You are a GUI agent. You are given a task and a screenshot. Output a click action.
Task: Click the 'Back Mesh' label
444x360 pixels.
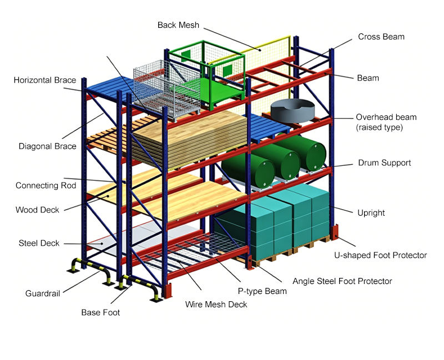coord(178,25)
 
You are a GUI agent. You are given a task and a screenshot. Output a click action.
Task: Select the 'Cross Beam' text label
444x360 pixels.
coord(381,37)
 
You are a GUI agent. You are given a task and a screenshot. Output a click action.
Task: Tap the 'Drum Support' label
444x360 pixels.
coord(384,163)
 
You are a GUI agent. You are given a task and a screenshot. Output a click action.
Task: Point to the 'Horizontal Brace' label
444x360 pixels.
coord(45,80)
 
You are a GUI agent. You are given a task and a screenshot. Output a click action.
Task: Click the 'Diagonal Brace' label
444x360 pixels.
coord(47,146)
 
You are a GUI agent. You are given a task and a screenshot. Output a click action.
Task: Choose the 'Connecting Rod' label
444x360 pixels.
coord(46,185)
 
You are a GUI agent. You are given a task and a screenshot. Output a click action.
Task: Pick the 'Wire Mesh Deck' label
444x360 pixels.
coord(216,305)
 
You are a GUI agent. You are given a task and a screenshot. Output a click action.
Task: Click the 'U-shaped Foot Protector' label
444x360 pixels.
coord(380,255)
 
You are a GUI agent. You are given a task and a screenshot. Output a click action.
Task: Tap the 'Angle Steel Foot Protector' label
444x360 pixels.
coord(342,281)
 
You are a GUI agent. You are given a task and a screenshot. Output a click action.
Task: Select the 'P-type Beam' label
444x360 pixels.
coord(262,291)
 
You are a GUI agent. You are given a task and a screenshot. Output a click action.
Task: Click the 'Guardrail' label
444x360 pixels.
coord(43,293)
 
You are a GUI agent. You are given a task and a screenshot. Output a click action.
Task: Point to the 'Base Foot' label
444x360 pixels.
coord(100,312)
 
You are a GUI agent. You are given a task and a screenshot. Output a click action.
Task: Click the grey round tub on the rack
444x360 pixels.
coord(292,110)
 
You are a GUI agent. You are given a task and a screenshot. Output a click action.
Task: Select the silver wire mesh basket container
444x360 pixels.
coord(167,90)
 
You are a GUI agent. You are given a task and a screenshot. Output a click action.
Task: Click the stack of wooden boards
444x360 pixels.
coord(190,139)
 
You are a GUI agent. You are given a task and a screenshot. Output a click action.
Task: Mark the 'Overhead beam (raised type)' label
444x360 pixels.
coord(386,122)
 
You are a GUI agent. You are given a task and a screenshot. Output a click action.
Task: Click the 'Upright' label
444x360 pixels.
coord(371,213)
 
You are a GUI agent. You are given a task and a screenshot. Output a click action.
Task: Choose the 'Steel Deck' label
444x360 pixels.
coord(39,243)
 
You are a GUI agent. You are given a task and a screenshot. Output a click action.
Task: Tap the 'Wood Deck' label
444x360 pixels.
coord(37,210)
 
